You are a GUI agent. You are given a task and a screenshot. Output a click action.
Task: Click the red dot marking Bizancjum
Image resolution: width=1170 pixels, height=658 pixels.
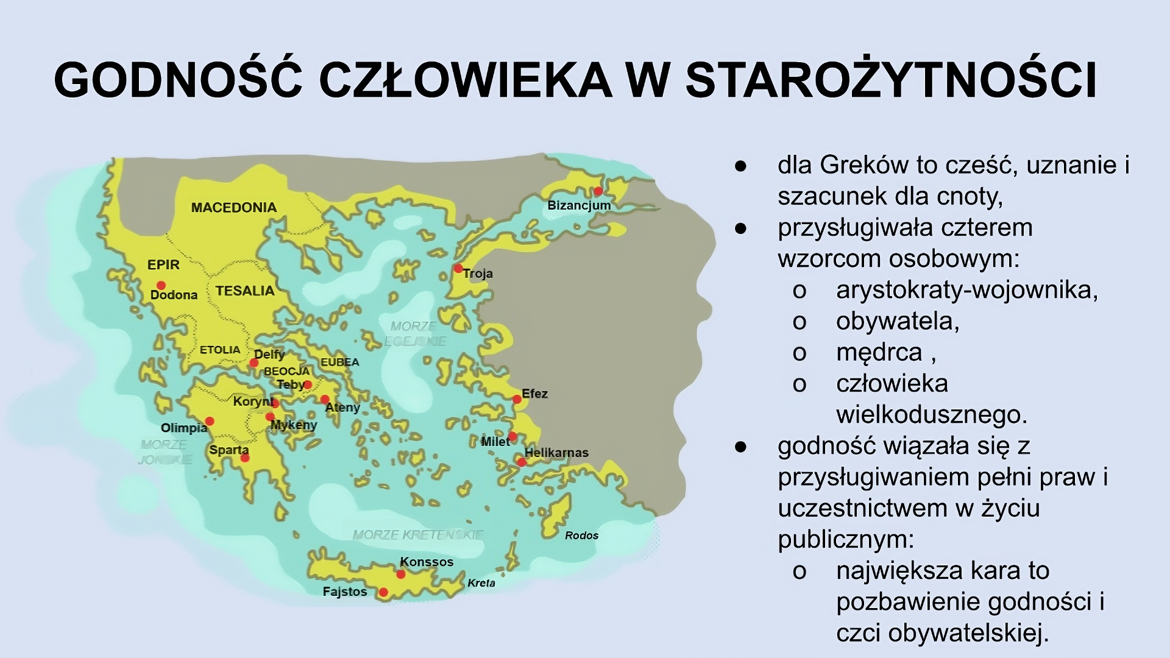tap(598, 191)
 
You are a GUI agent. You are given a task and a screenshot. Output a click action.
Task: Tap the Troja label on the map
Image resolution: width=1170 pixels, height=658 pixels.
tap(478, 274)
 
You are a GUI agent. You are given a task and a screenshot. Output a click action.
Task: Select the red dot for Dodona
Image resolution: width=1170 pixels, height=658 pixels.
tap(161, 285)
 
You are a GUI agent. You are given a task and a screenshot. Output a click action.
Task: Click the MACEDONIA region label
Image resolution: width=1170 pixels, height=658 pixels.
tap(234, 208)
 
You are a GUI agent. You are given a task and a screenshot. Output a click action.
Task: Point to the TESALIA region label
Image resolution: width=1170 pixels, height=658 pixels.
tap(245, 291)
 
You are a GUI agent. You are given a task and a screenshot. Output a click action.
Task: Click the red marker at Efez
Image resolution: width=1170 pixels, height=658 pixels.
tap(517, 400)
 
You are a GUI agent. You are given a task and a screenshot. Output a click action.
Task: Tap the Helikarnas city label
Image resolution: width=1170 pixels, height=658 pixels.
tap(556, 453)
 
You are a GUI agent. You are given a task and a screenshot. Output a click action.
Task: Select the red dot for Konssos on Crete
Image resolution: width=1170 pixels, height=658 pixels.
tap(401, 574)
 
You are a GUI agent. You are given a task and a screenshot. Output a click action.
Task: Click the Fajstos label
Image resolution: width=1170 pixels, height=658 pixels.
tap(345, 592)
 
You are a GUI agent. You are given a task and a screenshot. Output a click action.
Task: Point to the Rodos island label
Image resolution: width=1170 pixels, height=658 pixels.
tap(581, 536)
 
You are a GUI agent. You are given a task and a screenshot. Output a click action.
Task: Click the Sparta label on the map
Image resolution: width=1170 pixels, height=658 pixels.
tap(229, 450)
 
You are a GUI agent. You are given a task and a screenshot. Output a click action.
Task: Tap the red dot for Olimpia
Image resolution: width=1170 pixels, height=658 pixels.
tap(210, 421)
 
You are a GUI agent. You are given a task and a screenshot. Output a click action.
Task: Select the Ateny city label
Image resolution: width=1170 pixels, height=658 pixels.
tap(343, 407)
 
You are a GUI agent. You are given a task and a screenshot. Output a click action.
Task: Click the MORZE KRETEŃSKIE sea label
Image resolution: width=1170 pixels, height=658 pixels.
tap(418, 535)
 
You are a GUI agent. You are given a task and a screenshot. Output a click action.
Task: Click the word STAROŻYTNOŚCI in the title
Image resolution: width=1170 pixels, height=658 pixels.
tap(891, 80)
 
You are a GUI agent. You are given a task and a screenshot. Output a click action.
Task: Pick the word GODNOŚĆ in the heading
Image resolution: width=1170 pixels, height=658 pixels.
tap(178, 80)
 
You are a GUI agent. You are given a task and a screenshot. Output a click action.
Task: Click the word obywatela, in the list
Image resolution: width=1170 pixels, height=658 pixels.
tap(898, 321)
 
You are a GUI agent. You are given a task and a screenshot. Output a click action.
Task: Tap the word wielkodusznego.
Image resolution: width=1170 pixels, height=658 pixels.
tap(932, 415)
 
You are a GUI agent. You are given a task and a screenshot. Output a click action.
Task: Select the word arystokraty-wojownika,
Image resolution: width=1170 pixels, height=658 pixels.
tap(967, 290)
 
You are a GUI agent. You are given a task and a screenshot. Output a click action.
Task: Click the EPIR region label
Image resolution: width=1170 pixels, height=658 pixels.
tap(163, 265)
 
